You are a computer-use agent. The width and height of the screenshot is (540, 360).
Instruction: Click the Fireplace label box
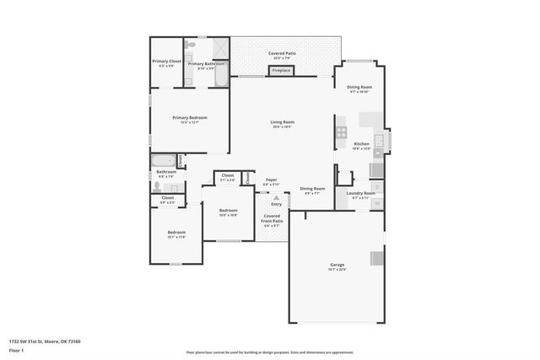coord(281,71)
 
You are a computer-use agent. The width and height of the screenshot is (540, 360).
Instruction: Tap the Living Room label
coord(282,124)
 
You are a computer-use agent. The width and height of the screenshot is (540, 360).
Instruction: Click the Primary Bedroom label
coord(189,119)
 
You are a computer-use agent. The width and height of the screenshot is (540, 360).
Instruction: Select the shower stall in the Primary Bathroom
coord(220,48)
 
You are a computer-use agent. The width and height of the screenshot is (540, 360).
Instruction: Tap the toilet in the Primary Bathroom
coord(192,44)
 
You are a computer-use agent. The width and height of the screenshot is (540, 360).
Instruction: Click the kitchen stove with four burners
coord(341,132)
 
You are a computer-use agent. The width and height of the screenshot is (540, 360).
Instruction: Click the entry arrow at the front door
coord(276,197)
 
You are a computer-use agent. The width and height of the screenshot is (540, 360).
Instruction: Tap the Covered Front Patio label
coord(273,220)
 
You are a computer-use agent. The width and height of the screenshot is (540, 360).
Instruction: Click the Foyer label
coord(272,180)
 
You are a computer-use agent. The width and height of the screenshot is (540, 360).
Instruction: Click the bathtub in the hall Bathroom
coord(164,160)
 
